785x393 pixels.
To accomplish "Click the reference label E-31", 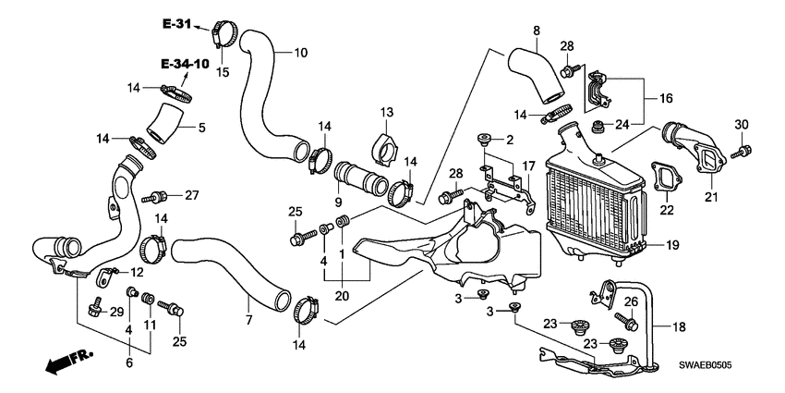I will point(179,23).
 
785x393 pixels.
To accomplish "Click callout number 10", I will point(301,53).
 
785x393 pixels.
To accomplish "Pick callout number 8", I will point(536,32).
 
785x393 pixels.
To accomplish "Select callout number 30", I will point(741,125).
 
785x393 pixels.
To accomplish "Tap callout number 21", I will point(711,197).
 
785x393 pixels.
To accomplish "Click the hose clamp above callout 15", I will point(220,31).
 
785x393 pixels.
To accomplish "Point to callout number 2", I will point(508,140).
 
